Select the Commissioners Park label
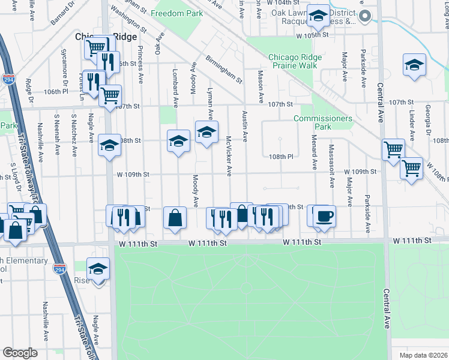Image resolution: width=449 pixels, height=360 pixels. [322, 122]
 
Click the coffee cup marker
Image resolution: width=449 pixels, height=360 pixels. [324, 215]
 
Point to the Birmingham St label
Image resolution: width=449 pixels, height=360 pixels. [223, 70]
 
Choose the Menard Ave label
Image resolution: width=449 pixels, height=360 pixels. [314, 155]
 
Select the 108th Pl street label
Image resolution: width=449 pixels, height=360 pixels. [281, 157]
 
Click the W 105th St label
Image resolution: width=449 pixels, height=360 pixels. [313, 35]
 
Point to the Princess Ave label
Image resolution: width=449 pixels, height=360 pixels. [140, 65]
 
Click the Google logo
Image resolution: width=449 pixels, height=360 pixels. [20, 353]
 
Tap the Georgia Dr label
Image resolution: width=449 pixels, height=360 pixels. [428, 120]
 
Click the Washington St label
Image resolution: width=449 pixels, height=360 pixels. [128, 20]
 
